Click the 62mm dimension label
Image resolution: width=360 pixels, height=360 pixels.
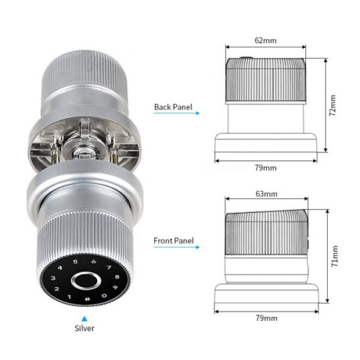tap(265, 41)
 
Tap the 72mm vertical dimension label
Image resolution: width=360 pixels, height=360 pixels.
tap(332, 106)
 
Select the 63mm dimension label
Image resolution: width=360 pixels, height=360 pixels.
tap(266, 194)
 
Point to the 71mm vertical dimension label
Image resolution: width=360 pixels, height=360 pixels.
tap(335, 256)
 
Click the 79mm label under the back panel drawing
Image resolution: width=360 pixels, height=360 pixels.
tap(266, 168)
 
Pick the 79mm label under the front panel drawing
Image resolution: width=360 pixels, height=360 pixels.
tap(266, 318)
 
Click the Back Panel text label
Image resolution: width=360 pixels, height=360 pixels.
tap(173, 107)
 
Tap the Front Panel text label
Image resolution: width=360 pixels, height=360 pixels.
tap(173, 241)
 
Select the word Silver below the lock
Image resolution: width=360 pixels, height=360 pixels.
tap(85, 328)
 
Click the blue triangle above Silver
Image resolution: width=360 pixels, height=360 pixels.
tap(85, 319)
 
